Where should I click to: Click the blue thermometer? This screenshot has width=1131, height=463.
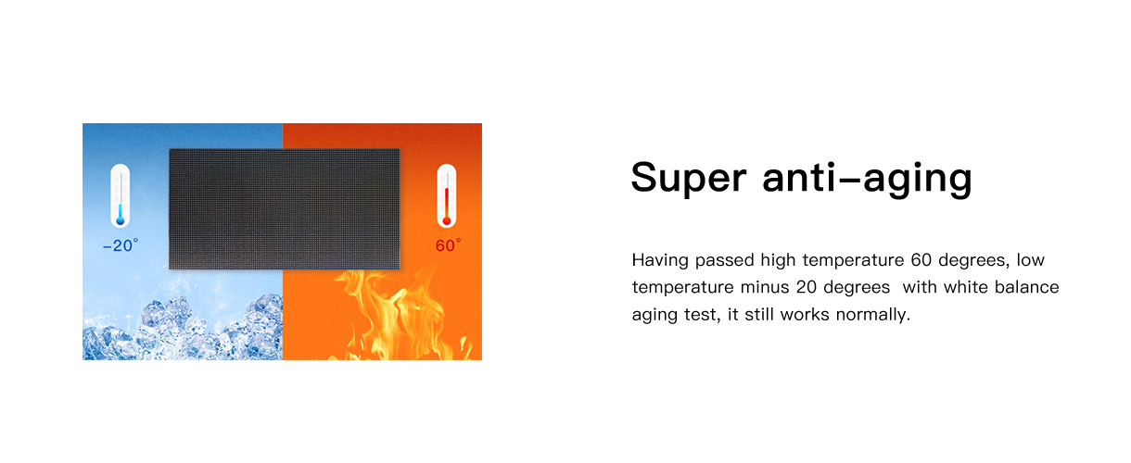point(121,195)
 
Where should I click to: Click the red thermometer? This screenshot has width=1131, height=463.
point(446,195)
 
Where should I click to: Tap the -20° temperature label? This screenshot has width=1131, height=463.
point(121,245)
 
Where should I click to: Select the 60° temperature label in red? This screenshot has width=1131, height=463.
point(448,245)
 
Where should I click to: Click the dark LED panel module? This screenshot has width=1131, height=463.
point(285,208)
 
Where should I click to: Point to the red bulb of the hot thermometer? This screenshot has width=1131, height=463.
point(446,221)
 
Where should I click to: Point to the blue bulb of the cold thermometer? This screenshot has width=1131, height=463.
point(121,221)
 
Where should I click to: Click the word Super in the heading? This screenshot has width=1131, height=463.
point(689,178)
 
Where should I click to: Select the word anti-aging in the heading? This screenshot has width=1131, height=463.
point(868,178)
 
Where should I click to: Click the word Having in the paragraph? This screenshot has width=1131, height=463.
point(660,260)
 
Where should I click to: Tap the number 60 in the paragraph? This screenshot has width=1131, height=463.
point(921,260)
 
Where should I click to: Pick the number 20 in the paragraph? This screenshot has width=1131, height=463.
point(807,287)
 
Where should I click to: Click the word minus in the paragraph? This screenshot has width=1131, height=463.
point(765,287)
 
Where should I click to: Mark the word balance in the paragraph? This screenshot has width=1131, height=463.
point(1026,287)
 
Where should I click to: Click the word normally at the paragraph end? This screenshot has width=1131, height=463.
point(873,315)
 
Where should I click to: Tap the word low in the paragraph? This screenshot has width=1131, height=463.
point(1031,260)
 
